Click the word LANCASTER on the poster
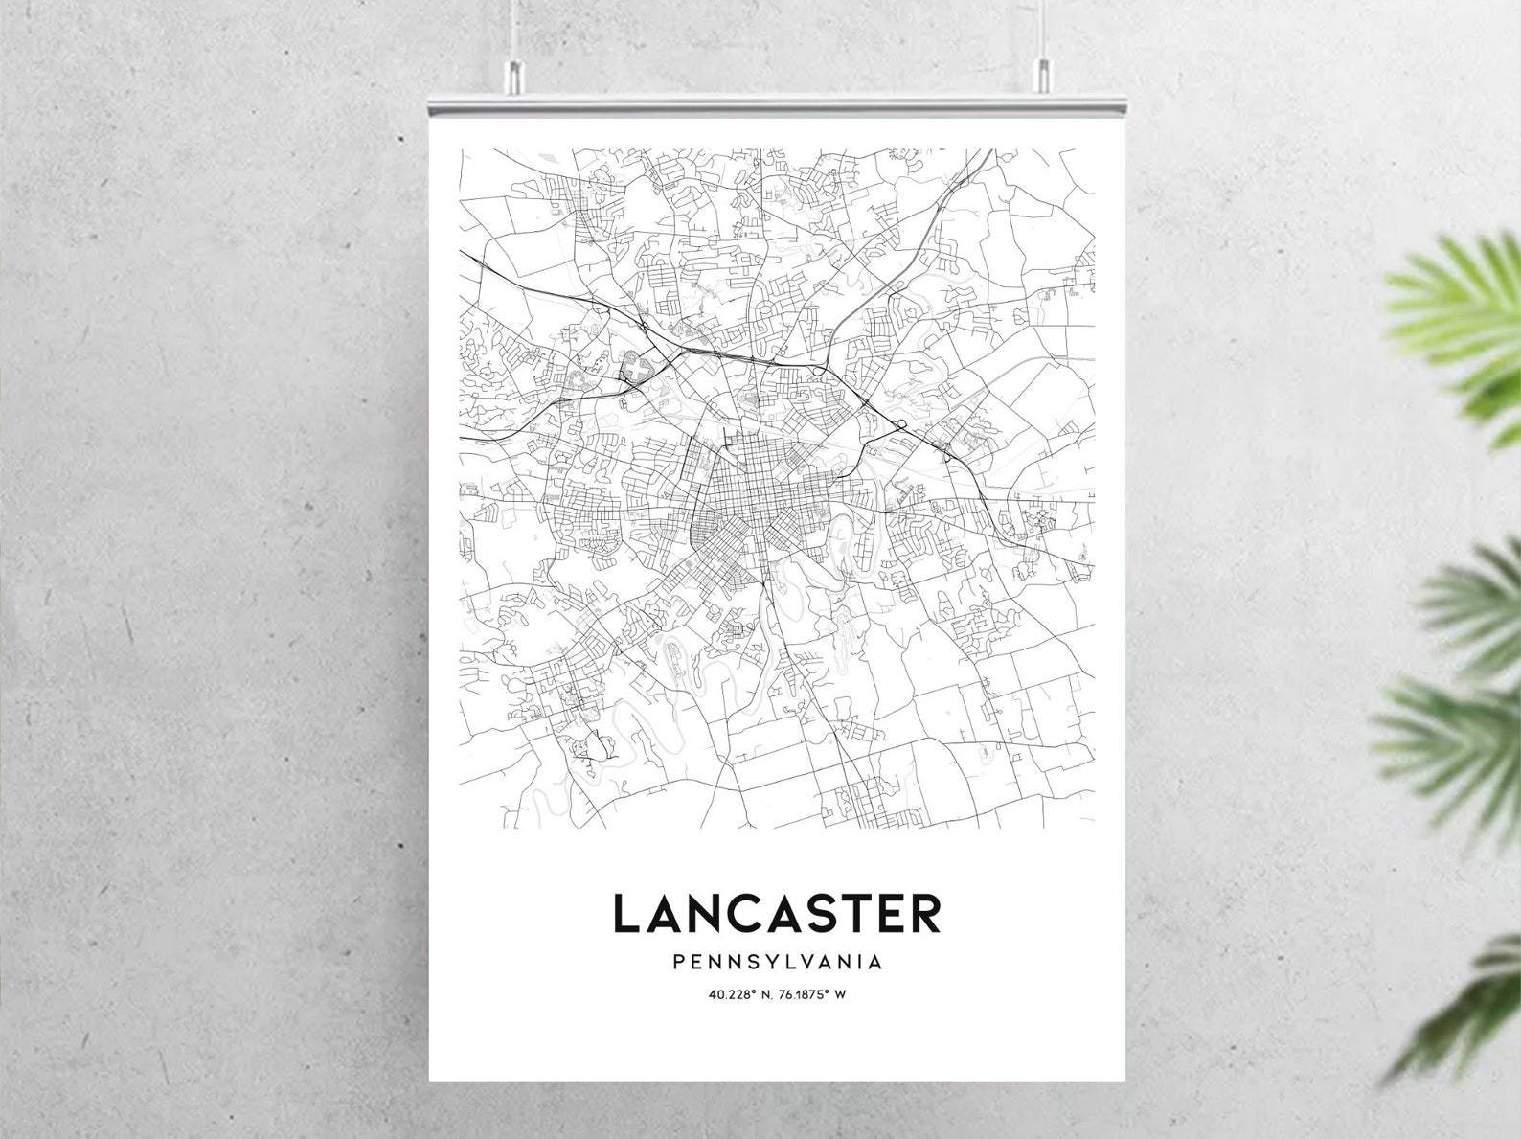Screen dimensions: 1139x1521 pyautogui.click(x=776, y=913)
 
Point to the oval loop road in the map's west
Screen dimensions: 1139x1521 pyautogui.click(x=635, y=368)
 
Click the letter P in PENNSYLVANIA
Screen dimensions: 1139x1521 pyautogui.click(x=679, y=961)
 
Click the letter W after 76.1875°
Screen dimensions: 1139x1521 pyautogui.click(x=840, y=993)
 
